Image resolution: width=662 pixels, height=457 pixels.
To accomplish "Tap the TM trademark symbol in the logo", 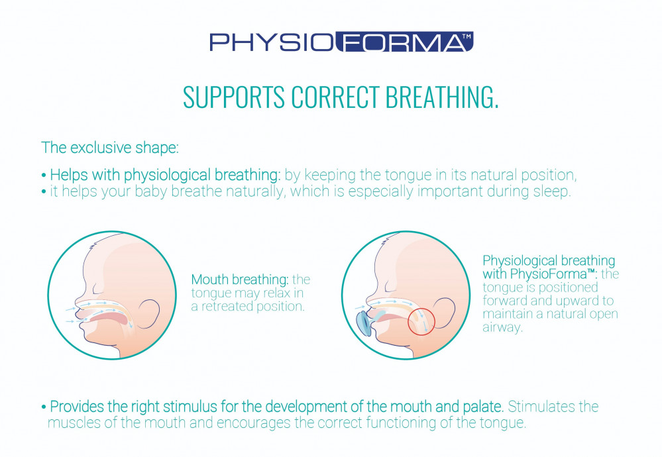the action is (466, 36).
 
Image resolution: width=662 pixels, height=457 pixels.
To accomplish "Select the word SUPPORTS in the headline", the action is (234, 97).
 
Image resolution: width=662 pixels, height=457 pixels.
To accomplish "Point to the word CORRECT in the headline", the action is (335, 97).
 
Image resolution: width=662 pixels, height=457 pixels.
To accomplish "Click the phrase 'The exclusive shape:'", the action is (110, 148).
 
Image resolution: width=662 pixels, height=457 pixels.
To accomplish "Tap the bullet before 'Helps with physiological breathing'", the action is (44, 175).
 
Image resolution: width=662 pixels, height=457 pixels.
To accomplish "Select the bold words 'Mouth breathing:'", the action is (240, 279).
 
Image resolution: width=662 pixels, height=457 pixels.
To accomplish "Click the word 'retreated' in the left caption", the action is (227, 307).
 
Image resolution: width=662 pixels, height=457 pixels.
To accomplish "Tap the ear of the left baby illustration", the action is (150, 314).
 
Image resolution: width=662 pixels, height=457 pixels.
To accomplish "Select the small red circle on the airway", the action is (421, 321).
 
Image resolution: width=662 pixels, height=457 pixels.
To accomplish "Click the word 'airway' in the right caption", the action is (502, 327).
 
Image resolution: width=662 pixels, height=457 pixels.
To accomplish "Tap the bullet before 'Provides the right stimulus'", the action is (44, 407).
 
